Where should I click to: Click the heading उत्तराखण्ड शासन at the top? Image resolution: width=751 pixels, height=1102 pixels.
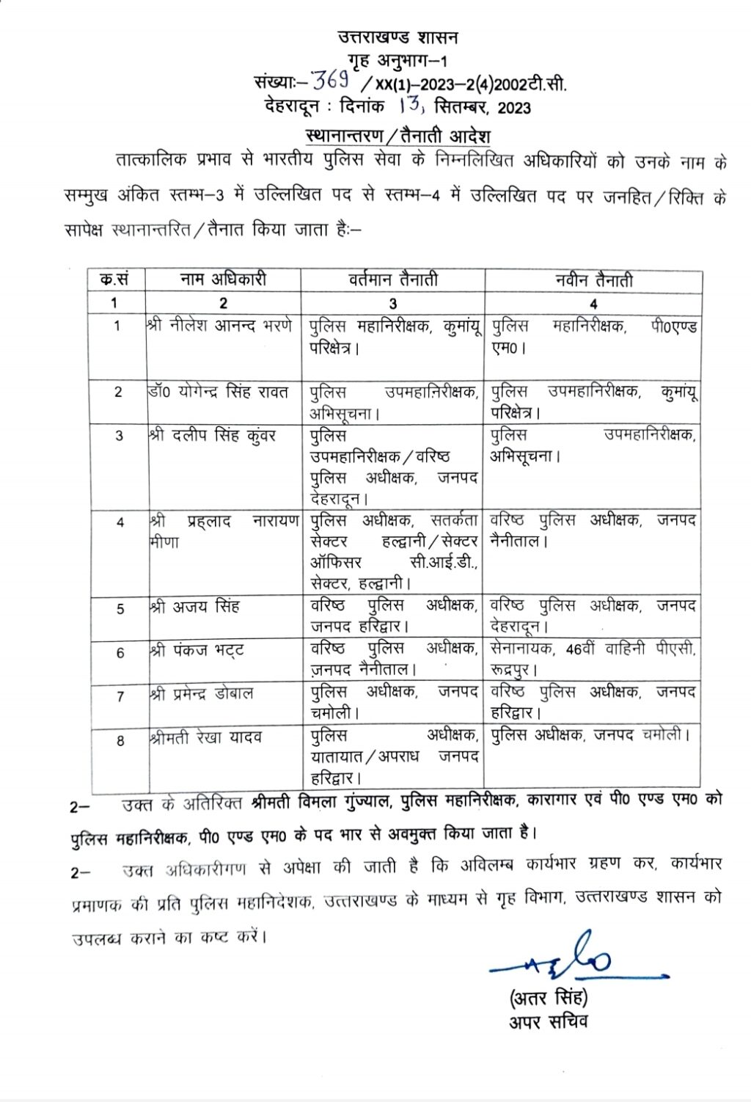[398, 37]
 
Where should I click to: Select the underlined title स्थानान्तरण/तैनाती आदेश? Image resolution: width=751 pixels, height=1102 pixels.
[398, 136]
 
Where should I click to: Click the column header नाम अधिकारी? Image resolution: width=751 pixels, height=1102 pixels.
[223, 280]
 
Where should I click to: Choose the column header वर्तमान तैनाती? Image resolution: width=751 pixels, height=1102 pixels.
[392, 280]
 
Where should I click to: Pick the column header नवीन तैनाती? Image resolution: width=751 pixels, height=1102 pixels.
[593, 280]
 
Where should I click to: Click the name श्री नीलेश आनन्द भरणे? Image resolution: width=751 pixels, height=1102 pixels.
[220, 324]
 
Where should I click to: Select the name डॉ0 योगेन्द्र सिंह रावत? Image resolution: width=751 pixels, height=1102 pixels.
[218, 392]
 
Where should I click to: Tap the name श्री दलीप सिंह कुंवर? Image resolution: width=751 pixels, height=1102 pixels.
[212, 435]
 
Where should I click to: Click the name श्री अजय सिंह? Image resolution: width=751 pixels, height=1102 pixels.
[194, 607]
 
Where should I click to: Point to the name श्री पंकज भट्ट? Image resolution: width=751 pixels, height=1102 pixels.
[197, 650]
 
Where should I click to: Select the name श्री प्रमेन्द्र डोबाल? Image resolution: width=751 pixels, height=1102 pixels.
[202, 693]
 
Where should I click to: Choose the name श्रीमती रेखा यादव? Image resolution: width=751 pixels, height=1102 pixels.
[205, 737]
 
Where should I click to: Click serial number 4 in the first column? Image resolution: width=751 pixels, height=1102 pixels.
[120, 522]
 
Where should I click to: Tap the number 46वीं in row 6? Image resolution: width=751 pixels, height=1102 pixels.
[581, 649]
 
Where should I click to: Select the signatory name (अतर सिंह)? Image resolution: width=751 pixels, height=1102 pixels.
[549, 998]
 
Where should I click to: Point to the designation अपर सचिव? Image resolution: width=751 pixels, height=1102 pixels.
[549, 1022]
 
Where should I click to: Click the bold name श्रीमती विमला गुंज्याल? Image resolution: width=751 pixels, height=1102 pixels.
[320, 801]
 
